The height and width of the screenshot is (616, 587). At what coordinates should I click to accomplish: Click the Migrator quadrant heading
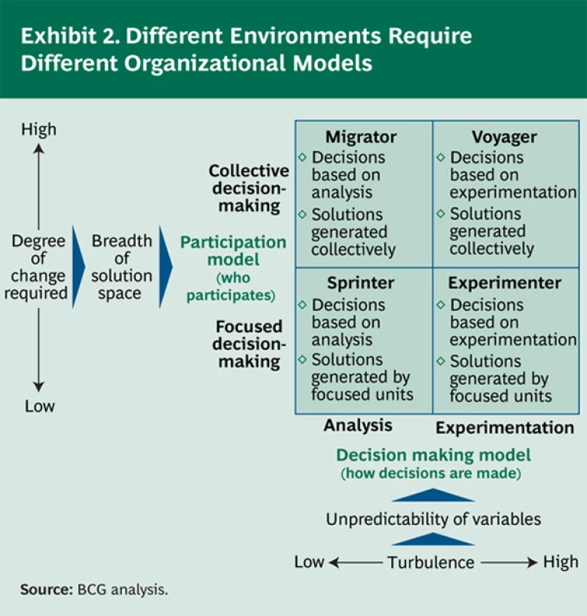[x=361, y=138]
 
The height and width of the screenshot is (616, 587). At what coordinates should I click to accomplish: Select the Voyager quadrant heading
[x=504, y=138]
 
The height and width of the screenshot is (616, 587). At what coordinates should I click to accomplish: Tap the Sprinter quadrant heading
[x=361, y=283]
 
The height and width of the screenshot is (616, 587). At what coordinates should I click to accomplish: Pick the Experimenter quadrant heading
[x=504, y=283]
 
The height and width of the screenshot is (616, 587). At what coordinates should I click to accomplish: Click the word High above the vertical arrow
[x=39, y=129]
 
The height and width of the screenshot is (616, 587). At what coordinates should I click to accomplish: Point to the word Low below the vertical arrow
[x=39, y=406]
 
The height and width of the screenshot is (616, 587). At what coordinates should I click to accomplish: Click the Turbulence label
[x=430, y=563]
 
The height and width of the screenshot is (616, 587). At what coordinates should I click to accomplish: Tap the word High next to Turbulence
[x=560, y=562]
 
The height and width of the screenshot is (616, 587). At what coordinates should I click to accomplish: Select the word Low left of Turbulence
[x=310, y=562]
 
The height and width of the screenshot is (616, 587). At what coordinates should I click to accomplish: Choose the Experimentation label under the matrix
[x=504, y=427]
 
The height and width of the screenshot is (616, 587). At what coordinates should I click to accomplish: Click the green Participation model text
[x=233, y=251]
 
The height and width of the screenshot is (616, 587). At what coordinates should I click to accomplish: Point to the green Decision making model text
[x=433, y=456]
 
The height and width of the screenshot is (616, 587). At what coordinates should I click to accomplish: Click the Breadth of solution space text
[x=122, y=267]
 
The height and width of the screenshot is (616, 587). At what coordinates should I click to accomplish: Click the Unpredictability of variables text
[x=433, y=520]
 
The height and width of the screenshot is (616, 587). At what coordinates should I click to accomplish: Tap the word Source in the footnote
[x=46, y=589]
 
